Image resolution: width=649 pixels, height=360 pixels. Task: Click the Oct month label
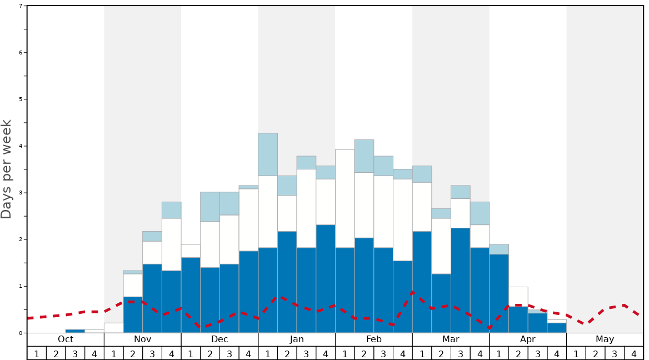66,339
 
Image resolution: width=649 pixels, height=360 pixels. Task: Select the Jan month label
297,339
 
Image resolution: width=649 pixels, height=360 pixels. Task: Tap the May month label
605,339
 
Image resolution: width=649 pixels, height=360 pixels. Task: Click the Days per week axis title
7,169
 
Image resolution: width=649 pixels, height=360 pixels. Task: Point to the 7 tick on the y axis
21,6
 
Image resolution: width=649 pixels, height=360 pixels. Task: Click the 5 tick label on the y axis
21,99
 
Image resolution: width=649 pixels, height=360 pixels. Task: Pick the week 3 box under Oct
75,353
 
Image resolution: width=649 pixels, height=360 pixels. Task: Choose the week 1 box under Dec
191,353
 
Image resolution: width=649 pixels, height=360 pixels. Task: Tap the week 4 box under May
634,353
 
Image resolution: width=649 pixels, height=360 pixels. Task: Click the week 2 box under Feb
364,353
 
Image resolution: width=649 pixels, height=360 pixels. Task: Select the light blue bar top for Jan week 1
268,154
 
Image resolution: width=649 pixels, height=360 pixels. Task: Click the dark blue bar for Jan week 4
326,278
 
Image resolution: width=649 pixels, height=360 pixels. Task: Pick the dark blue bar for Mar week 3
460,280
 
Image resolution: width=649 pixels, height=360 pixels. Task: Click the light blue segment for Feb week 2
364,156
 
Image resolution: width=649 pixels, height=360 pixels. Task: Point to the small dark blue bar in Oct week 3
75,331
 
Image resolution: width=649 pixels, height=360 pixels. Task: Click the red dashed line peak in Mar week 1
413,291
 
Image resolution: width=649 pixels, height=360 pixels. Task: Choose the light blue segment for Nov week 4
172,210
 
